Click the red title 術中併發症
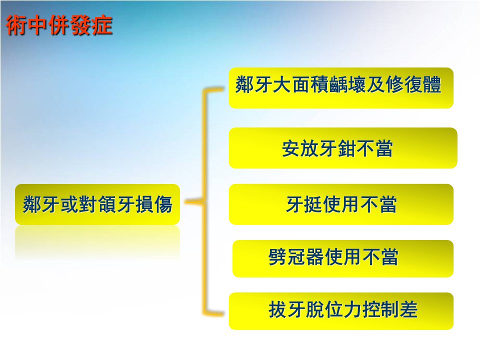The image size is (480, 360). coord(59,25)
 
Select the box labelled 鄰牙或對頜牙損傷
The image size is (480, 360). coord(97,204)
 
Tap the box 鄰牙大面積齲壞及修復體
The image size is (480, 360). coord(341,88)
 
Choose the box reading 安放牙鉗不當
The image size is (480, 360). coord(343,148)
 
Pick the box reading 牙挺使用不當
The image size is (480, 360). coord(341,204)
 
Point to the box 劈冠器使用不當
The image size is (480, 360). coord(343,258)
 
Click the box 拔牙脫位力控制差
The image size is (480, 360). coord(341,311)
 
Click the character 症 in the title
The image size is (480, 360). coord(102,25)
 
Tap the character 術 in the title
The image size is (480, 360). coord(16,25)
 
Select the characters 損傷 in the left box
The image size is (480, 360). coord(153,204)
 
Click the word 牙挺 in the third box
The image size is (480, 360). coord(304,204)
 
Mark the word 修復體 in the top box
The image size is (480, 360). coord(413,84)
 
